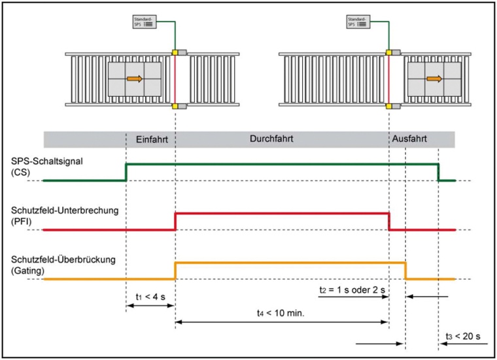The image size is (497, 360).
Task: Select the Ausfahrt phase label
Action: pyautogui.click(x=411, y=139)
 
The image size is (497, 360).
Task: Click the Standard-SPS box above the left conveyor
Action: pyautogui.click(x=143, y=22)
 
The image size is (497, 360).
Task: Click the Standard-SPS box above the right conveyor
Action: pyautogui.click(x=356, y=22)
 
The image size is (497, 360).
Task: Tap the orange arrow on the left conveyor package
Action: pyautogui.click(x=135, y=79)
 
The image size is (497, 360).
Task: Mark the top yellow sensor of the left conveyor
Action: pyautogui.click(x=175, y=51)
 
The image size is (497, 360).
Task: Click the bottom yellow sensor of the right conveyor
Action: pyautogui.click(x=388, y=106)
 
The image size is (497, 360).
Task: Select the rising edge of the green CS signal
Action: pyautogui.click(x=126, y=171)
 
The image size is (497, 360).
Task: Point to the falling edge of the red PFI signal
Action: pyautogui.click(x=389, y=221)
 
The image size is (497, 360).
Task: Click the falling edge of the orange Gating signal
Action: pyautogui.click(x=406, y=270)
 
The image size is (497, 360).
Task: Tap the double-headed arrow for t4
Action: pyautogui.click(x=282, y=321)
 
